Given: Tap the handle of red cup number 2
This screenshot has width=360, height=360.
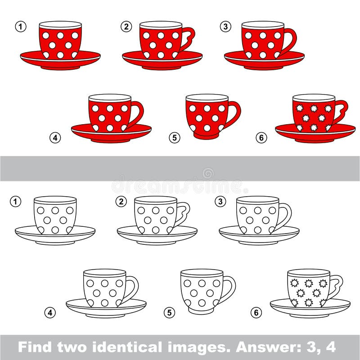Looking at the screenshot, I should pyautogui.click(x=189, y=38).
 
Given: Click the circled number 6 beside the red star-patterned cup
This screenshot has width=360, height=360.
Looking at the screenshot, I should pyautogui.click(x=261, y=138).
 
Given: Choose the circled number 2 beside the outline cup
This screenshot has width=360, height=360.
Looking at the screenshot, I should pyautogui.click(x=121, y=202).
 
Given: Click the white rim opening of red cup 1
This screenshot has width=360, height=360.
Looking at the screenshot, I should pyautogui.click(x=60, y=24).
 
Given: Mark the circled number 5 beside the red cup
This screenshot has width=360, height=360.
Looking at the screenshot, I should pyautogui.click(x=175, y=138).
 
